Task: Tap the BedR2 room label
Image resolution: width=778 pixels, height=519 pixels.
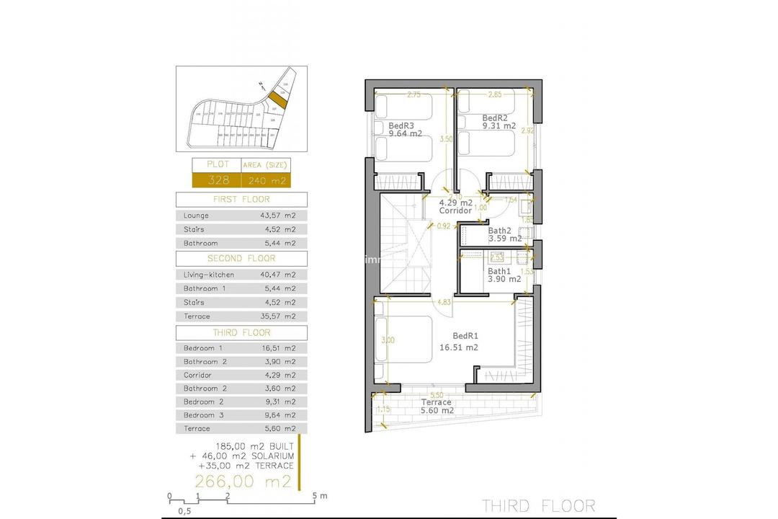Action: (495, 118)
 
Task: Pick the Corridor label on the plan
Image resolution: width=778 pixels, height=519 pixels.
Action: (455, 210)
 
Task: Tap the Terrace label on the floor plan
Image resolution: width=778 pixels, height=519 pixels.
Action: (437, 402)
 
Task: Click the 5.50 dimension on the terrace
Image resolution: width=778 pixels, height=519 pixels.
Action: (437, 394)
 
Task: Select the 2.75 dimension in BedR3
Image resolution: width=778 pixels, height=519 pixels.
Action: (413, 94)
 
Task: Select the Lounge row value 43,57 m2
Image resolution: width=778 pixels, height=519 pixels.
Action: (277, 216)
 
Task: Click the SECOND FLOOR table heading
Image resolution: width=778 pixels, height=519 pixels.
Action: (241, 258)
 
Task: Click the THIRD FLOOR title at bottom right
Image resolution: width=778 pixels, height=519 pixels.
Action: (538, 505)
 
